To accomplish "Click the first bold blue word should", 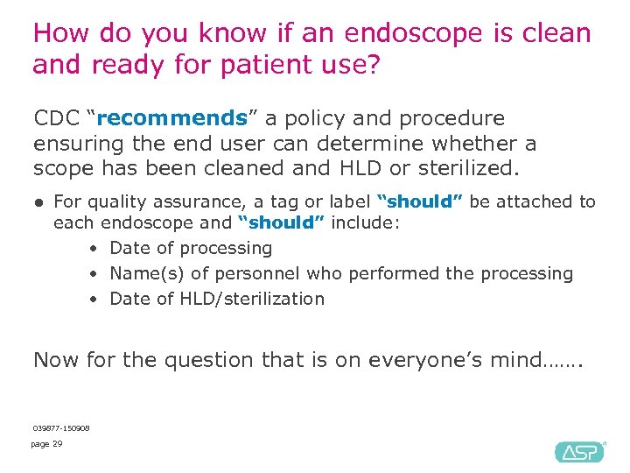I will coord(419,201).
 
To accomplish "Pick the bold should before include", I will coord(281,223).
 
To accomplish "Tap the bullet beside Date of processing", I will coord(93,249).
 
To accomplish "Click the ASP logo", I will coord(578,451).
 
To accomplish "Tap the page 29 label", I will coord(46,444).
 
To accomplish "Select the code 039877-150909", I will coord(60,427).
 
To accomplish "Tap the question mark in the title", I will coord(373,64).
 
